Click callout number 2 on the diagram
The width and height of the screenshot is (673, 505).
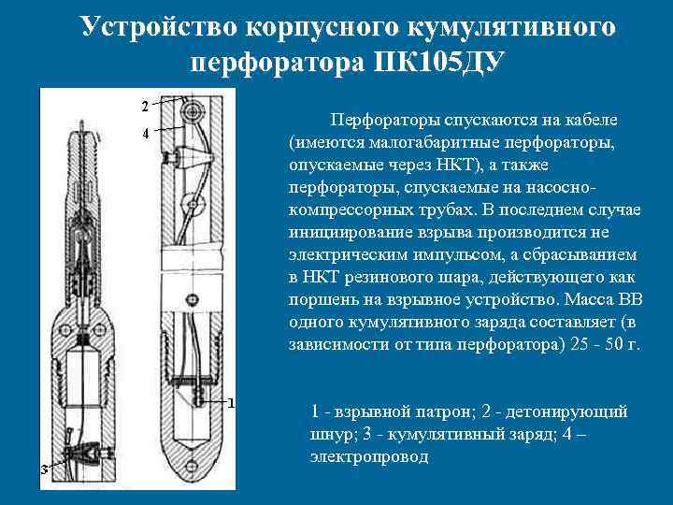[145, 102]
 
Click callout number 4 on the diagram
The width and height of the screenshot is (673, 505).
[145, 134]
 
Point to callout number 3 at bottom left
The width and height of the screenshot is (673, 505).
[44, 469]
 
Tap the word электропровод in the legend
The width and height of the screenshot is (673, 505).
[369, 456]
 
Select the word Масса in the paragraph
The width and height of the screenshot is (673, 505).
[586, 300]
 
